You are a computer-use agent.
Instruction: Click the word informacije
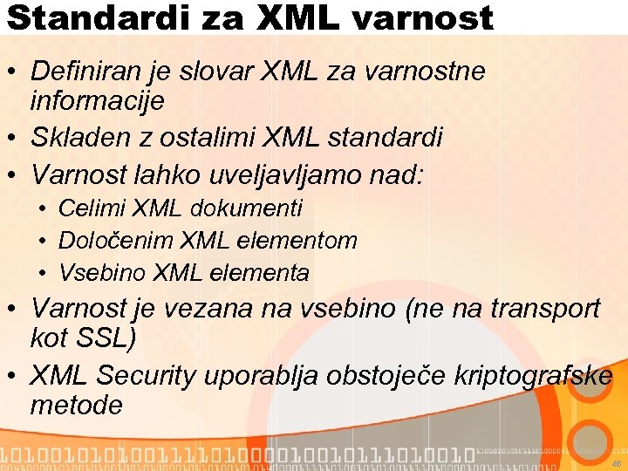(97, 101)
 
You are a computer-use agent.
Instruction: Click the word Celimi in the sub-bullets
(92, 208)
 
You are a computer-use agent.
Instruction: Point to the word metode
(76, 406)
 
